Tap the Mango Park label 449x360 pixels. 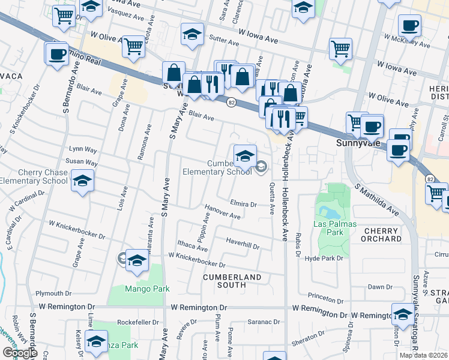coord(147,289)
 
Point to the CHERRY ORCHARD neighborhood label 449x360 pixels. coord(381,235)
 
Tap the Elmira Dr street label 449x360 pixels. coord(244,205)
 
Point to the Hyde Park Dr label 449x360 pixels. coord(327,258)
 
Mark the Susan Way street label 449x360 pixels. coord(82,162)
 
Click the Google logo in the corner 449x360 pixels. coord(20,353)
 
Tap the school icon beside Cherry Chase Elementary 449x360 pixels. coord(82,180)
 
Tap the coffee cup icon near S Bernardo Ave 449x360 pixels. coord(57,53)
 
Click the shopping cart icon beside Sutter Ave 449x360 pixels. coord(340,49)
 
